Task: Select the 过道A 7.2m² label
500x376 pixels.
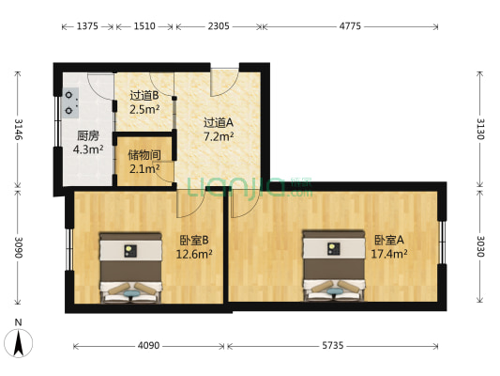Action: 219,128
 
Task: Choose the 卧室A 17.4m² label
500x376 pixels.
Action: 389,246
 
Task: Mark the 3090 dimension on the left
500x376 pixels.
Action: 18,248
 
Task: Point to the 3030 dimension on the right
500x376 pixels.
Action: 480,249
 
